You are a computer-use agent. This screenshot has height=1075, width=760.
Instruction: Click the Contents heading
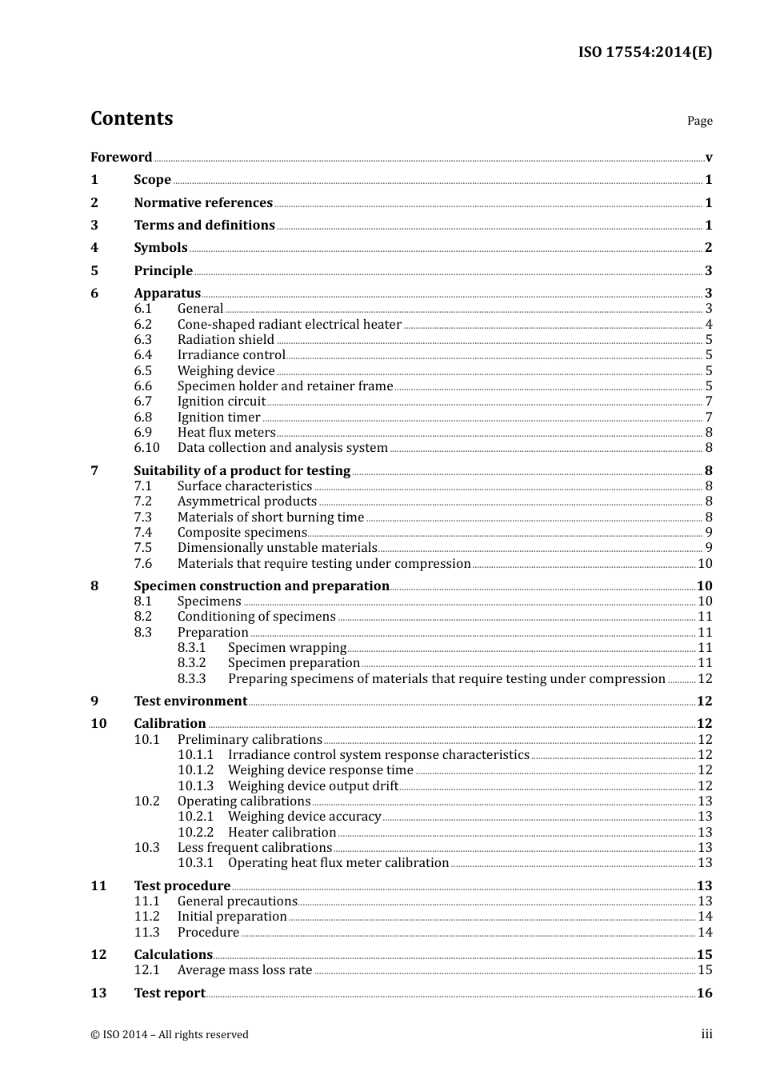coord(131,118)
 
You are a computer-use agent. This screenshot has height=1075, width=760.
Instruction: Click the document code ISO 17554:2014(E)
coord(645,52)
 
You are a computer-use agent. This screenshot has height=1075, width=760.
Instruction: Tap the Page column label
coord(699,121)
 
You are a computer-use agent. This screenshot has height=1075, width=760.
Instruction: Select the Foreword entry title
coord(121,158)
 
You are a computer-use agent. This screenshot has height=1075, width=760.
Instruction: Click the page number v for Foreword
coord(709,158)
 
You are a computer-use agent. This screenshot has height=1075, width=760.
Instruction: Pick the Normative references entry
coord(203,203)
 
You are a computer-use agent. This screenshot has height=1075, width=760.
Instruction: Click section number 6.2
coord(143,325)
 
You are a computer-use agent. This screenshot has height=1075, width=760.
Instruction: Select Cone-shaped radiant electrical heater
coord(289,325)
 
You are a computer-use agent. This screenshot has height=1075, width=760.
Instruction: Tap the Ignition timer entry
coord(218,418)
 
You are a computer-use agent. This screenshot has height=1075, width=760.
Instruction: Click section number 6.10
coord(146,448)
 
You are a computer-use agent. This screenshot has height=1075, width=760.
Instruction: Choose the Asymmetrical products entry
coord(246,502)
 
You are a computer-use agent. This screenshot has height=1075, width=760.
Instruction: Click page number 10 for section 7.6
coord(705,564)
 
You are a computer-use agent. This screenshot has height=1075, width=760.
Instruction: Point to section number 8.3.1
coord(192,648)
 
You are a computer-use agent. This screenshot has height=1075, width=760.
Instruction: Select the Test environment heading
coord(190,701)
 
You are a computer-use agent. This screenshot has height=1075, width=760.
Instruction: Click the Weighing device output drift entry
coord(313,786)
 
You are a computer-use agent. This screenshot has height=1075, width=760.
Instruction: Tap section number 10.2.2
coord(196,833)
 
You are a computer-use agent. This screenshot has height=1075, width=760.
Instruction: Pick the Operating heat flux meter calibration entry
coord(338,863)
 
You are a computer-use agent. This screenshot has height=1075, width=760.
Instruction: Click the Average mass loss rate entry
coord(245,970)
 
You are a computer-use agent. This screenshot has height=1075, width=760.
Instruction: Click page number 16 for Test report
coord(704,993)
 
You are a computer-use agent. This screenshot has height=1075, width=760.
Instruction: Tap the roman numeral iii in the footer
coord(706,1034)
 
